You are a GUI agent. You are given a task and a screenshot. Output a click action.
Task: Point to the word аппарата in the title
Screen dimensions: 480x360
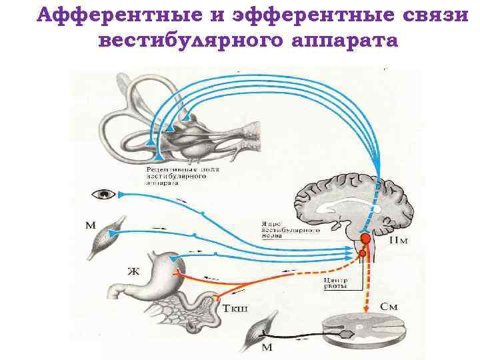click(x=345, y=41)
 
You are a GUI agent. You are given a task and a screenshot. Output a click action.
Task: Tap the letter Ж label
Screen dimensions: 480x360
click(x=134, y=271)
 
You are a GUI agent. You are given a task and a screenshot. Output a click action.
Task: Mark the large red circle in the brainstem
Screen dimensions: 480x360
click(x=365, y=239)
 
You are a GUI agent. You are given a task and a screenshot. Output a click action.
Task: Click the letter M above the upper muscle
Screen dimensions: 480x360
click(x=91, y=224)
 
